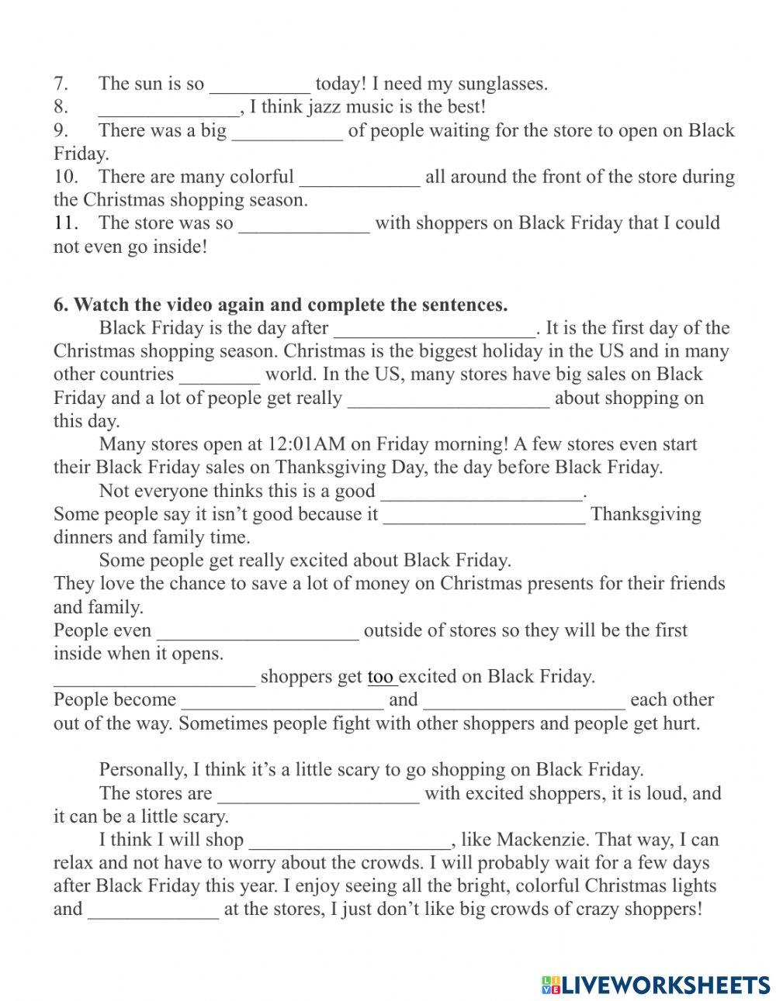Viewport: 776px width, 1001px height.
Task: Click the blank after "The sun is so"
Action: (x=260, y=85)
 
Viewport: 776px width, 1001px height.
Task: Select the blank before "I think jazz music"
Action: (x=170, y=108)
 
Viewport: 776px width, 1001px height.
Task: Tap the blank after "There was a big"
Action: (x=287, y=131)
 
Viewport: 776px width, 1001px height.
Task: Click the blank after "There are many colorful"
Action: (x=359, y=178)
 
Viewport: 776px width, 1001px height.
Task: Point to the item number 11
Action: (x=66, y=223)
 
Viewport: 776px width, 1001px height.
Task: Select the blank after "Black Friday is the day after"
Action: (x=435, y=329)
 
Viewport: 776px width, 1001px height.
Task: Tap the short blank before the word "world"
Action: (x=220, y=375)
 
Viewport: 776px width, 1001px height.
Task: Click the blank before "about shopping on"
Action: (x=449, y=399)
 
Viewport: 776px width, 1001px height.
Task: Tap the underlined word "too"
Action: (x=381, y=677)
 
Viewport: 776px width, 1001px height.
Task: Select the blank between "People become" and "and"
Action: (x=282, y=701)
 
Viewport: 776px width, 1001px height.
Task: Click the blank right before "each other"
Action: (x=525, y=701)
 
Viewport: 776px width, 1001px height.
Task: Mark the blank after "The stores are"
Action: (x=318, y=794)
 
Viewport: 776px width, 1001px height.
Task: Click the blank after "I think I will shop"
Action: (x=349, y=840)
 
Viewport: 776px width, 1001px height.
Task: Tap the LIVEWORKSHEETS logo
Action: (x=655, y=962)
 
